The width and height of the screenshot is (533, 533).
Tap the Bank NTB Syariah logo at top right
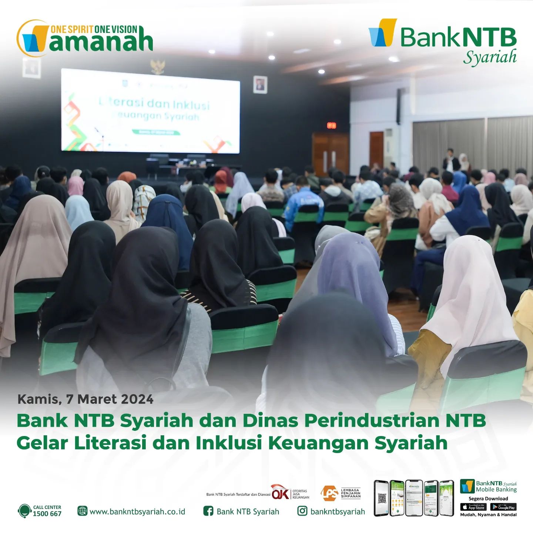coord(443,41)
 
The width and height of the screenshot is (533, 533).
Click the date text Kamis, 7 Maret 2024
coord(86,399)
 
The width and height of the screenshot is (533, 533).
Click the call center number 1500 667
coord(47,514)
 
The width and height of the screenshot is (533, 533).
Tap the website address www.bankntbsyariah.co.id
coord(137,512)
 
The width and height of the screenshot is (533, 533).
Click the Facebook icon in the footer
coord(208,511)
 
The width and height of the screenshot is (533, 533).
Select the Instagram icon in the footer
coord(302,511)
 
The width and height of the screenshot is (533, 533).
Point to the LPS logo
coord(329,493)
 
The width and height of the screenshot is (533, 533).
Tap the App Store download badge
coord(473,507)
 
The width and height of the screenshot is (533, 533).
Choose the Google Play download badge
coord(503,507)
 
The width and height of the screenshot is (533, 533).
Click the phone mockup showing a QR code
coord(381,498)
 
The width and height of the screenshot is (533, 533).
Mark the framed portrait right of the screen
coord(260,85)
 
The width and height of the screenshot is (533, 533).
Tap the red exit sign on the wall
coord(331,125)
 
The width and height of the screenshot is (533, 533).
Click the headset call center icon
coord(24,511)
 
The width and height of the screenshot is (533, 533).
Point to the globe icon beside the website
coord(82,511)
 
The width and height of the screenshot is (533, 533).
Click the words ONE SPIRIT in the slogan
coord(72,30)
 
